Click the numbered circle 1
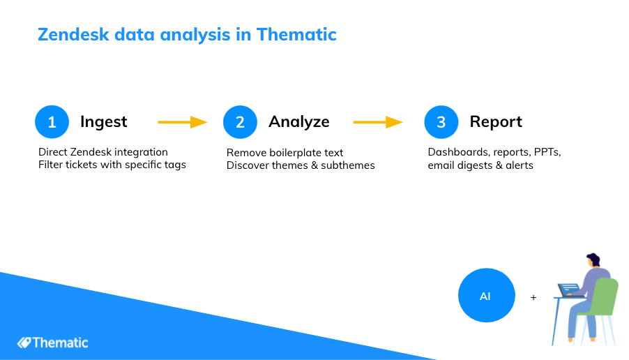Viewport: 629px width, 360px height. coord(52,122)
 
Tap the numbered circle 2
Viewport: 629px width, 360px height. coord(240,122)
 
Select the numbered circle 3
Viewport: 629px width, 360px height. coord(441,122)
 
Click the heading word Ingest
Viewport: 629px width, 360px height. coord(103,122)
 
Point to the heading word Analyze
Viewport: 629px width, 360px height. coord(299,122)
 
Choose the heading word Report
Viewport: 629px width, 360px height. coord(496,122)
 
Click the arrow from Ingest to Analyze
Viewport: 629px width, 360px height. coord(183,122)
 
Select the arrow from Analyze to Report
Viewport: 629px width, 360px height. coord(378,122)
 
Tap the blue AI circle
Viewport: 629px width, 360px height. coord(487,295)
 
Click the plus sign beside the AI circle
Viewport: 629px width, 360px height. coord(533,297)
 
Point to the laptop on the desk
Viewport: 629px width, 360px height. coord(569,290)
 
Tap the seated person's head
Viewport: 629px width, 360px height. coord(593,260)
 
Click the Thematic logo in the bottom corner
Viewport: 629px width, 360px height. coord(52,343)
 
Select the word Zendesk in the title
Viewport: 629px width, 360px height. coord(73,34)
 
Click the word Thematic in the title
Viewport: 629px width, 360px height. coord(296,34)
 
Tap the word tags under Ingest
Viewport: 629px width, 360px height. coord(174,165)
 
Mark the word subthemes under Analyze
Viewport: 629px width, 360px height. coord(348,165)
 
